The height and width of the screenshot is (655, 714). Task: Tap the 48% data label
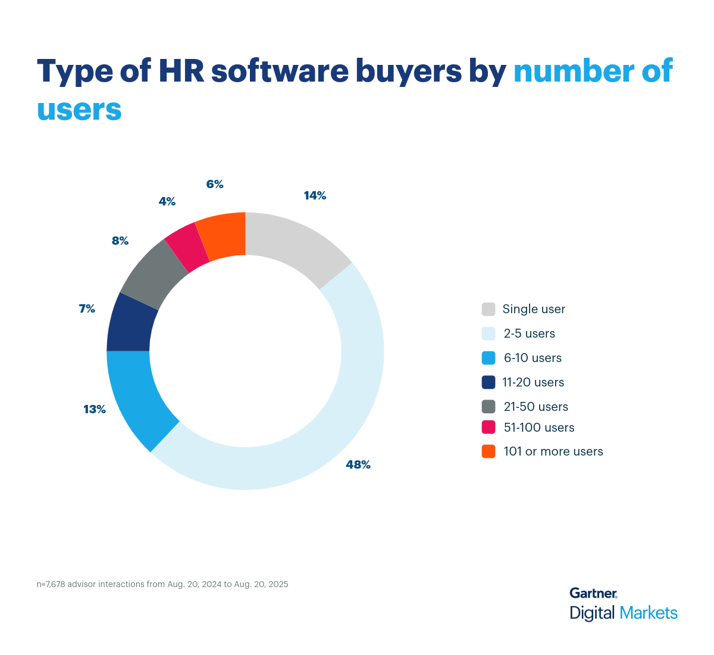click(x=358, y=465)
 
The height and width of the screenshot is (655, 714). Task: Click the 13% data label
click(x=95, y=410)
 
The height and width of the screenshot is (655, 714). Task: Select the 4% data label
click(x=167, y=202)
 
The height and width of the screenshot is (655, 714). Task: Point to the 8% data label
click(x=120, y=241)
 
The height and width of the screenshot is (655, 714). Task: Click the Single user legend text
click(x=534, y=309)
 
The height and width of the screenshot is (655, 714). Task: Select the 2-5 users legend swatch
click(x=488, y=333)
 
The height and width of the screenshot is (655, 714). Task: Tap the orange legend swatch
click(x=488, y=451)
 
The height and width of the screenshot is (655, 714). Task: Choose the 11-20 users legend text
click(x=533, y=382)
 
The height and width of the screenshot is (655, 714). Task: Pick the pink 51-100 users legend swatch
click(x=488, y=427)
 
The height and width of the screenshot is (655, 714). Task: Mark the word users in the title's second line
click(x=79, y=110)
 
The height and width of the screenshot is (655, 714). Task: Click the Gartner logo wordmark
click(x=593, y=593)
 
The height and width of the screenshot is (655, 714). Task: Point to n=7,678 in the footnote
click(x=51, y=584)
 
